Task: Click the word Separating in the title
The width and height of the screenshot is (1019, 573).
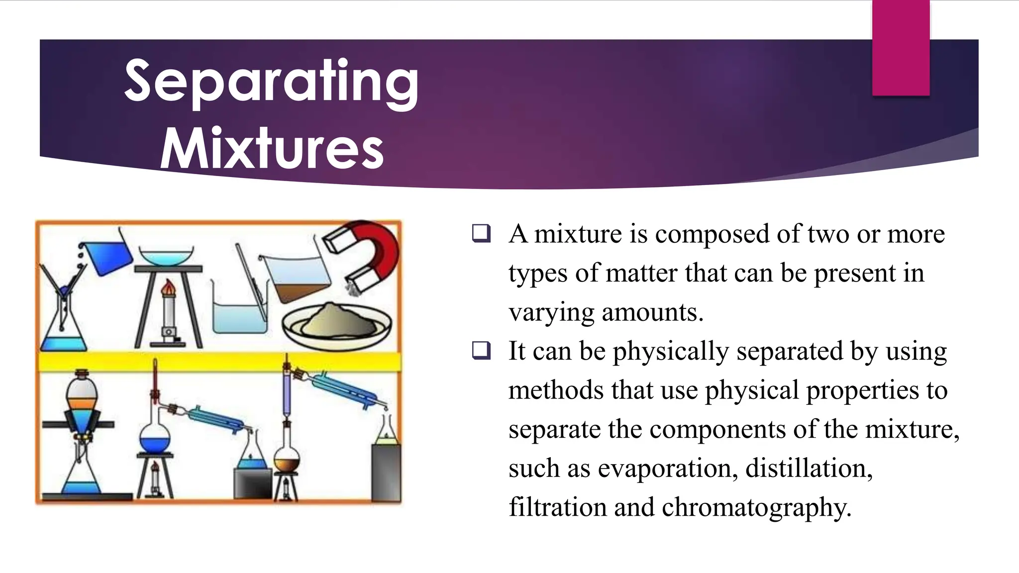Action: [x=271, y=82]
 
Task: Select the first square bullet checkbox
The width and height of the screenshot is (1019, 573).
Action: [x=481, y=234]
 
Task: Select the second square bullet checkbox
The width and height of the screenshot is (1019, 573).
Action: [x=481, y=351]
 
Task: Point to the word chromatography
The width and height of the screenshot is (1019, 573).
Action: [x=756, y=507]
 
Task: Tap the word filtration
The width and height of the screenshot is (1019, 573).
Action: [x=557, y=507]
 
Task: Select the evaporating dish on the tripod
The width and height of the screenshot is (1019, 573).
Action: [x=166, y=256]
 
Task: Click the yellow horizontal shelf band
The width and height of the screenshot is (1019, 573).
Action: [x=219, y=362]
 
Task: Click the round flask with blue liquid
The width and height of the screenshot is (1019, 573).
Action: [x=155, y=438]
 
